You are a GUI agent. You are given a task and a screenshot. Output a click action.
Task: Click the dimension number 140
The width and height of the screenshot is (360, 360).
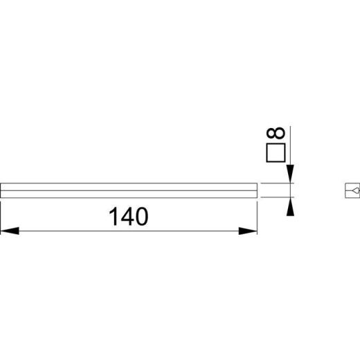129,217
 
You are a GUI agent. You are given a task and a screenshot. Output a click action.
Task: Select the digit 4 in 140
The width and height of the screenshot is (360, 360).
128,217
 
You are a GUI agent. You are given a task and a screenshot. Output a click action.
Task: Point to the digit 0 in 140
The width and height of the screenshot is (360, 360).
142,217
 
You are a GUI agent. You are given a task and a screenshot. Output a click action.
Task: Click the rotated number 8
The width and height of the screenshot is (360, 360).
276,134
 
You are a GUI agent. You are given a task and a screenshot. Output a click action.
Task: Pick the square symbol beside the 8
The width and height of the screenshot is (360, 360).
276,153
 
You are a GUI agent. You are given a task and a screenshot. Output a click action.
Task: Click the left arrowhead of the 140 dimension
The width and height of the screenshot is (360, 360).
8,231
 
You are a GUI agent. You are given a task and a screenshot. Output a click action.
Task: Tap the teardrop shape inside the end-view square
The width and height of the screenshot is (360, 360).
354,190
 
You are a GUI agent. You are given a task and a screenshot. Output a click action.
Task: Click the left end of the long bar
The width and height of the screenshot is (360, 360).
2,190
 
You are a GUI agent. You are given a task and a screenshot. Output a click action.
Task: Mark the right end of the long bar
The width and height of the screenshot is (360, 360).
257,190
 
